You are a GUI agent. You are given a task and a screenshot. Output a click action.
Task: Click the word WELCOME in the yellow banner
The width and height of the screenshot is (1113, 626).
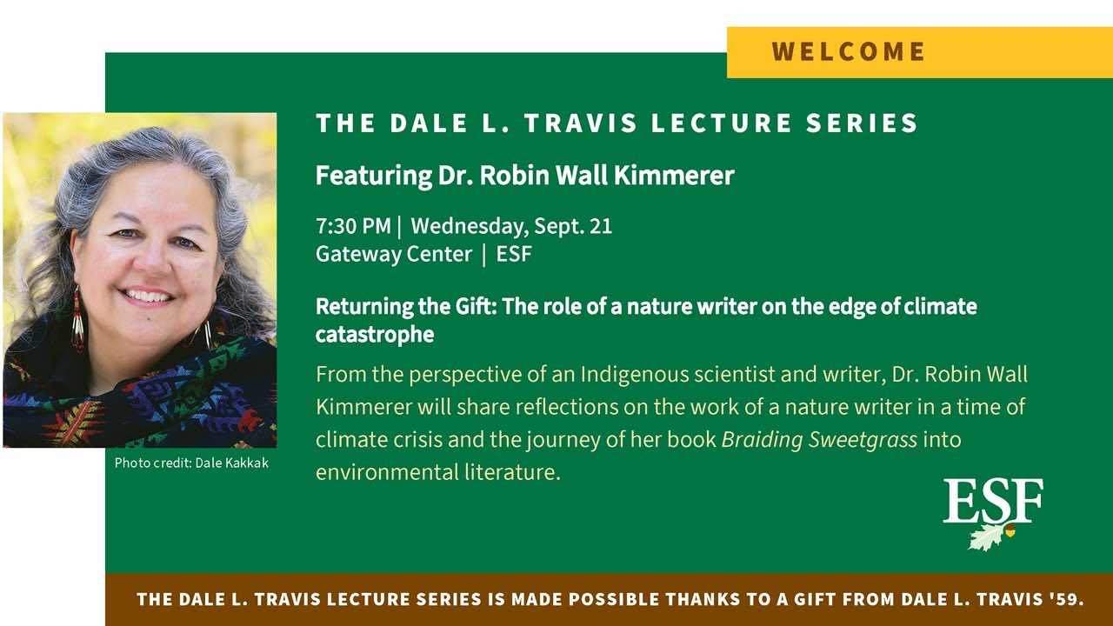849,52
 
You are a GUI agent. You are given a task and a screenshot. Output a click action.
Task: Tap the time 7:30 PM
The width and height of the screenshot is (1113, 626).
353,227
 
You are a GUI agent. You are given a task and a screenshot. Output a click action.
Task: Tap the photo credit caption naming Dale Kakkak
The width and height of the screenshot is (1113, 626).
191,463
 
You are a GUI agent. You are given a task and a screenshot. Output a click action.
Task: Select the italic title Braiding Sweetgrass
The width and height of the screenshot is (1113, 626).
819,439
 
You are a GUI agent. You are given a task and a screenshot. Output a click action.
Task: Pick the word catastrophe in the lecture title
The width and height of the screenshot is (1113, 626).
375,334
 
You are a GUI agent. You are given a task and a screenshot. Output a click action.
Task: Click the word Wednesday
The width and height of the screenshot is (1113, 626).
465,227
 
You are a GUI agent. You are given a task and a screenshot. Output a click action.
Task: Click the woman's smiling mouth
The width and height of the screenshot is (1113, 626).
148,296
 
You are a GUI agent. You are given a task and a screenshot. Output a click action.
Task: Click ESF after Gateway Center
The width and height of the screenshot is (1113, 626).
514,255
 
